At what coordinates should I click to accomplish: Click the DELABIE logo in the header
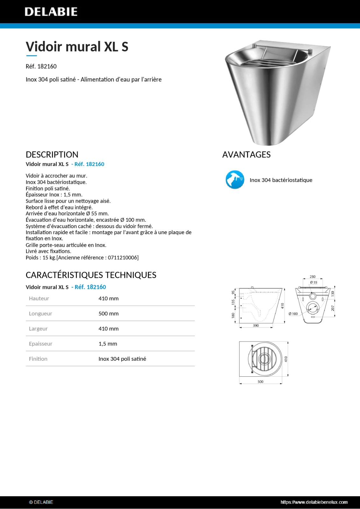51,12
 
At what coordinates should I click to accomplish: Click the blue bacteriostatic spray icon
235,180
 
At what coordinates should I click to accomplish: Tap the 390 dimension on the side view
256,325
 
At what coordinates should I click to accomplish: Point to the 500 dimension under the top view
260,381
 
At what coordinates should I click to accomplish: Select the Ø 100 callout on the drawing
293,314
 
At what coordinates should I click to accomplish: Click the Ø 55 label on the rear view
314,282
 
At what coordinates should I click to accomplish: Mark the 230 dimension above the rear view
313,277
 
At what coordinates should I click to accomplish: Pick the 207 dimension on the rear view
333,308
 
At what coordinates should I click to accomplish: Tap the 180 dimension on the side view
233,315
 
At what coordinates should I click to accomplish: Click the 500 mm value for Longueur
109,313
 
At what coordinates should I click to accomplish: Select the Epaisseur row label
40,344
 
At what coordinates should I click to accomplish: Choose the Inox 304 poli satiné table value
122,359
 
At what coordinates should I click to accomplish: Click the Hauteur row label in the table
39,298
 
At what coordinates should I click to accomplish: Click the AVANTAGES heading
246,155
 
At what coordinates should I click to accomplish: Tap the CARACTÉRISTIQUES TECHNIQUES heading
91,275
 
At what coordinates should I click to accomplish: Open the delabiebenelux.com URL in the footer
314,502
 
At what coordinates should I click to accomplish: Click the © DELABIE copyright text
41,502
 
